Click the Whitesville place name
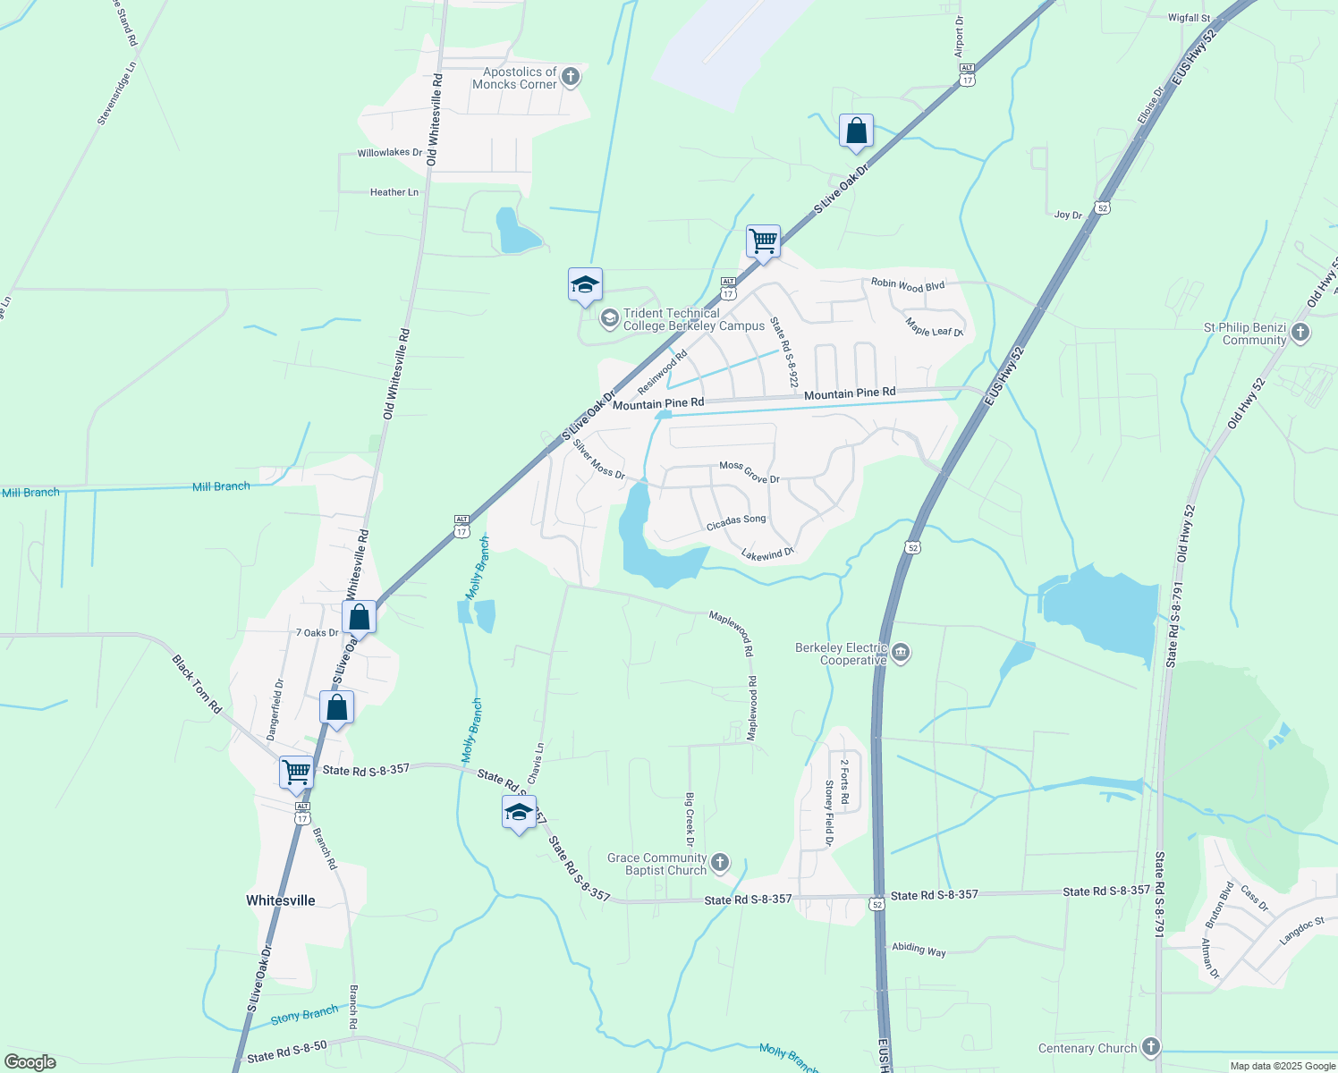[x=280, y=900]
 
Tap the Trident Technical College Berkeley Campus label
[x=693, y=319]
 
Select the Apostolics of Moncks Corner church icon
[x=571, y=77]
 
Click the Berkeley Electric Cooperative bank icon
[x=901, y=654]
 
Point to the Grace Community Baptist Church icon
[x=720, y=864]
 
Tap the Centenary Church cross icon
[x=1151, y=1047]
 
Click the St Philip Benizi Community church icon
[x=1300, y=334]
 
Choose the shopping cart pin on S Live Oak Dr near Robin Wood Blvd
[x=763, y=241]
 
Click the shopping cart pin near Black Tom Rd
[x=296, y=771]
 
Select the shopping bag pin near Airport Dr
[x=856, y=131]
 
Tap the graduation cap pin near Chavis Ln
[x=519, y=812]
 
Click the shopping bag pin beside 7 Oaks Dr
[x=359, y=617]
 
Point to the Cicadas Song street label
[x=736, y=523]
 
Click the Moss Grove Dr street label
[x=749, y=472]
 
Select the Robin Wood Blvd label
[x=908, y=286]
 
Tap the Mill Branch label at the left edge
[x=30, y=493]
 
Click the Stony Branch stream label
[x=304, y=1015]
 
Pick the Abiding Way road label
[x=919, y=950]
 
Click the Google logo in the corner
[x=30, y=1062]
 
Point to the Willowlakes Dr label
[x=389, y=153]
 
